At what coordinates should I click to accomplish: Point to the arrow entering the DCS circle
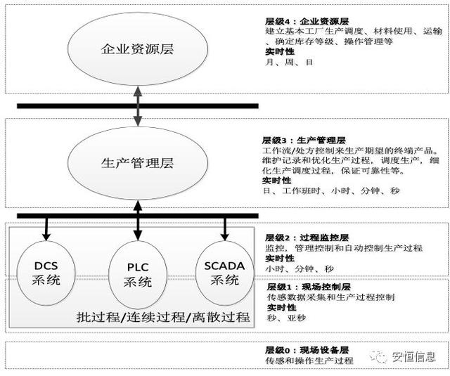pos(46,228)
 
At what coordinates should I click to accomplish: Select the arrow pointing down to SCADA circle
pos(225,228)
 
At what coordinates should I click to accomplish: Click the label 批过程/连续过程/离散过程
pos(163,317)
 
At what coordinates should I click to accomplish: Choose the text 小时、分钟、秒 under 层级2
pos(291,268)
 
